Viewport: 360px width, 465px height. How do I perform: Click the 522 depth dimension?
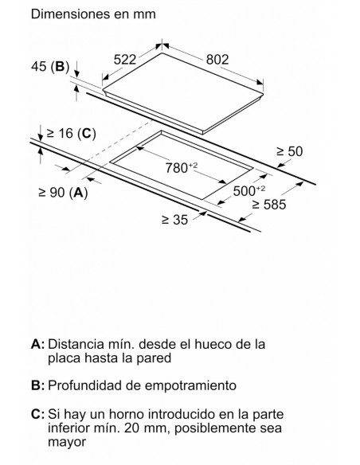(x=125, y=60)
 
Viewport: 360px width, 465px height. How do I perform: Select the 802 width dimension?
(x=217, y=60)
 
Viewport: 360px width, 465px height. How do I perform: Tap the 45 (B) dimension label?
(x=50, y=66)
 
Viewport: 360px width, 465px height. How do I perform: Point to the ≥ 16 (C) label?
(x=71, y=134)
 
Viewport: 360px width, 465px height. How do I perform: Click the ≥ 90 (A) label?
(x=63, y=193)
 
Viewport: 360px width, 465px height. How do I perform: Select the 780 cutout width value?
(x=181, y=168)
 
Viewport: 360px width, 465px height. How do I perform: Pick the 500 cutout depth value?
(x=248, y=190)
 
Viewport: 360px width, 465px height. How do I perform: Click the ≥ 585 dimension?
(x=269, y=205)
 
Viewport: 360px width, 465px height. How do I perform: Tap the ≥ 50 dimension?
(x=289, y=151)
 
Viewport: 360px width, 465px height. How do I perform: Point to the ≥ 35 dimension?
(x=174, y=220)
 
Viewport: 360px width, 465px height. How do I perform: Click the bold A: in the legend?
(x=37, y=344)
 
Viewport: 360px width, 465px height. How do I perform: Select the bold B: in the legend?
(x=37, y=385)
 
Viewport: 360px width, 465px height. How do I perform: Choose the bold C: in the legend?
(x=37, y=414)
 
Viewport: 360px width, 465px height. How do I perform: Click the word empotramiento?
(x=191, y=386)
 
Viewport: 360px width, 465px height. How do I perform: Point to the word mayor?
(x=67, y=443)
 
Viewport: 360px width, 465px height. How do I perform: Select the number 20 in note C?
(x=131, y=428)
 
